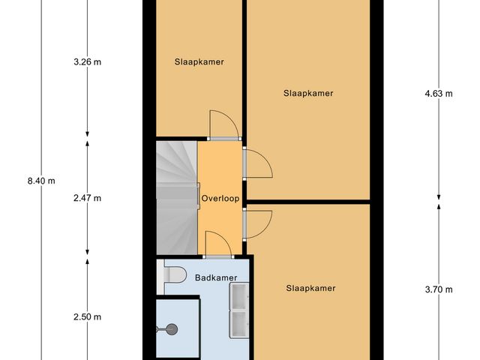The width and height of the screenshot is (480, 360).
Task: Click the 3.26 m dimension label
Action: [87, 62]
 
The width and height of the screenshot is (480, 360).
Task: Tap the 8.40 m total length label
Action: [40, 181]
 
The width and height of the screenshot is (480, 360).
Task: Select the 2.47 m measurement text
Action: [87, 199]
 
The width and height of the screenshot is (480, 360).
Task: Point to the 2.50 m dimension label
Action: [87, 317]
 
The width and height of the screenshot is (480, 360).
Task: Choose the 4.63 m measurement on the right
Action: [439, 94]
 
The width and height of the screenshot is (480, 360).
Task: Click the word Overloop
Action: [220, 199]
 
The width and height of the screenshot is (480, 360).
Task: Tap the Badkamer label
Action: [216, 278]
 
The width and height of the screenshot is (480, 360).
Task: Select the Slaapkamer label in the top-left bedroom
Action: [199, 61]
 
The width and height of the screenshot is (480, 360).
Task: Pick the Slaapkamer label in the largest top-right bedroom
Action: [308, 94]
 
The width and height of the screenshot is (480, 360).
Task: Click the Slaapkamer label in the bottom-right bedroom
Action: [310, 288]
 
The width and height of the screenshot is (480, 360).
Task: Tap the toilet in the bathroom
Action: [174, 277]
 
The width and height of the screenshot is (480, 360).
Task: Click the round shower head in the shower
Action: [172, 328]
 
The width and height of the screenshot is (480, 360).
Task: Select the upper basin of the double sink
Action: [238, 300]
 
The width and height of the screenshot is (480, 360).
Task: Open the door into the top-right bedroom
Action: [256, 163]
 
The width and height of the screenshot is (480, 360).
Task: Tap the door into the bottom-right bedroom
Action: [256, 223]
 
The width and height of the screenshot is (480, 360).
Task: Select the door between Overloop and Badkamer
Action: [217, 244]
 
